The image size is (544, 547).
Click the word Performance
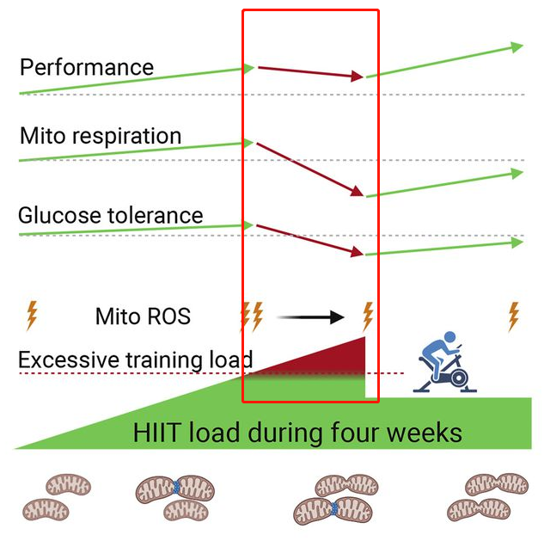click(x=86, y=67)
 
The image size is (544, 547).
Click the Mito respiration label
click(x=100, y=136)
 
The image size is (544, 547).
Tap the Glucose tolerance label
click(x=110, y=214)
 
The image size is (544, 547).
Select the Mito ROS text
click(x=143, y=317)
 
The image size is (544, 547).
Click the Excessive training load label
click(x=135, y=359)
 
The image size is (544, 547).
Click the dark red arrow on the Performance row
click(x=310, y=71)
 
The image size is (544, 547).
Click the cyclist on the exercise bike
click(x=443, y=365)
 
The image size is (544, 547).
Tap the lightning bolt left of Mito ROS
click(x=32, y=316)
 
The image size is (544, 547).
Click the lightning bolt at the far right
click(x=514, y=316)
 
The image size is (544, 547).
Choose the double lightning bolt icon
click(x=251, y=316)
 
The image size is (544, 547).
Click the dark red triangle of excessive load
click(x=335, y=360)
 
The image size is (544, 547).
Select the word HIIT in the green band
click(x=157, y=432)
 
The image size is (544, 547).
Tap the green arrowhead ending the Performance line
click(x=517, y=47)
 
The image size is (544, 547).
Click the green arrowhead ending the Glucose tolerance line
click(x=517, y=243)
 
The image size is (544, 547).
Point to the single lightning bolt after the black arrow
click(x=368, y=316)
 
